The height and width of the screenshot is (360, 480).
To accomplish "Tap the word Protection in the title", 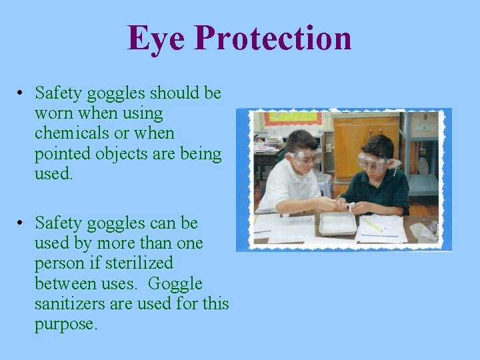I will pos(273,38).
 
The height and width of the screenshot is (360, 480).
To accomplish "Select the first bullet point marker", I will pos(21,93).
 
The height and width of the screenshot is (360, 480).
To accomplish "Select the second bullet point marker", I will pos(21,223).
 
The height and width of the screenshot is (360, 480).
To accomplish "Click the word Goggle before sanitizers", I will pos(175,283).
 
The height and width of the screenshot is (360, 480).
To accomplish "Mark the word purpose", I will pos(64,325).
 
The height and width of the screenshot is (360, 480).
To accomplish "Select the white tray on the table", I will pos(337,223).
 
